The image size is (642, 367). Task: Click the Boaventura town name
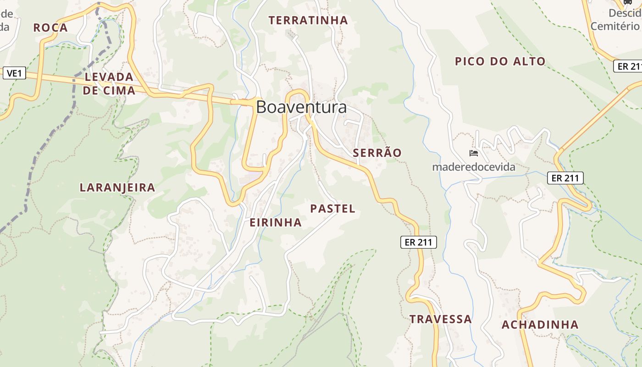tap(301, 107)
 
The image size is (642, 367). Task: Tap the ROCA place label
tap(50, 28)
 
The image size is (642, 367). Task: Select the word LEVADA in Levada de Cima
tap(109, 77)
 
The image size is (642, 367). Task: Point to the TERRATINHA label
tap(308, 20)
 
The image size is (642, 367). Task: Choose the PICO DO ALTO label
tap(500, 61)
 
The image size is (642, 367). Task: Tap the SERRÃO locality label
tap(377, 153)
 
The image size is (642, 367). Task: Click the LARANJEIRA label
tap(117, 187)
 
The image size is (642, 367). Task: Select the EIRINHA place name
tap(276, 222)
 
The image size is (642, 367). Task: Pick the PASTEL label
tap(332, 209)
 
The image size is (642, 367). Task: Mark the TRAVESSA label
tap(440, 319)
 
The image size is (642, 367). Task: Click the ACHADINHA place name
tap(540, 325)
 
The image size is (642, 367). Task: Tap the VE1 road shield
tap(14, 73)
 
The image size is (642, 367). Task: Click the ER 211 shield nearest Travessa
tap(419, 242)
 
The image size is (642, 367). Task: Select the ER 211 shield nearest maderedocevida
tap(565, 178)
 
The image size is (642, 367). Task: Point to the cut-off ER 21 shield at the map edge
tap(628, 66)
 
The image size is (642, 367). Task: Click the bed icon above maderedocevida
tap(474, 153)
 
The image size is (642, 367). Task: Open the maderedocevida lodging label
tap(474, 167)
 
